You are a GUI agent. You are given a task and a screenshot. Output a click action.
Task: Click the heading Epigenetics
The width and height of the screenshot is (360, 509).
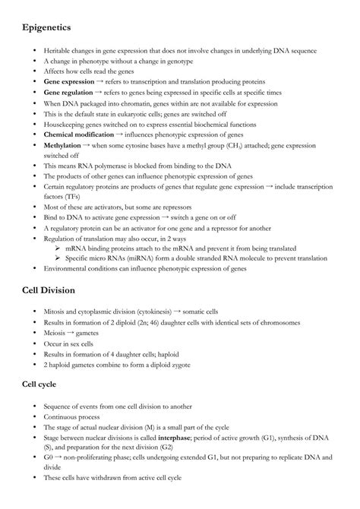click(x=46, y=27)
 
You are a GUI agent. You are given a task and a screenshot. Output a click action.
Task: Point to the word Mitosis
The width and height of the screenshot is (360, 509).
click(x=56, y=311)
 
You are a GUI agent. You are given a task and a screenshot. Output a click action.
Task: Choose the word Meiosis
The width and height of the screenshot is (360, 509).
click(x=56, y=333)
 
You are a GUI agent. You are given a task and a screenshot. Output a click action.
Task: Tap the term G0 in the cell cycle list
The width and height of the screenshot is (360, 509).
click(x=49, y=458)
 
